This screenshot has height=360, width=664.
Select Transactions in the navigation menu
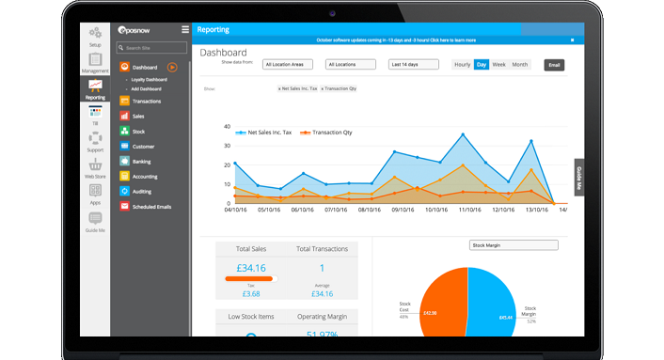tap(146, 101)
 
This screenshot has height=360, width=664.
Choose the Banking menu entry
tap(141, 162)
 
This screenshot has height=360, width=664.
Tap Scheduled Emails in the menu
tap(151, 206)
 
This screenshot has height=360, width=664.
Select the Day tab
tap(482, 65)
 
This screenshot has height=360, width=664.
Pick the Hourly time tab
tap(462, 65)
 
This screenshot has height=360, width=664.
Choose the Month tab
tap(520, 65)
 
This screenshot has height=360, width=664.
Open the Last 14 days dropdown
tap(415, 65)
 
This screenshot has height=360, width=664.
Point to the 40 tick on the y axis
tap(227, 126)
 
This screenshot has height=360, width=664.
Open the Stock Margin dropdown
tap(513, 245)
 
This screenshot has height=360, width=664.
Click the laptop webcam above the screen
tap(333, 13)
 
